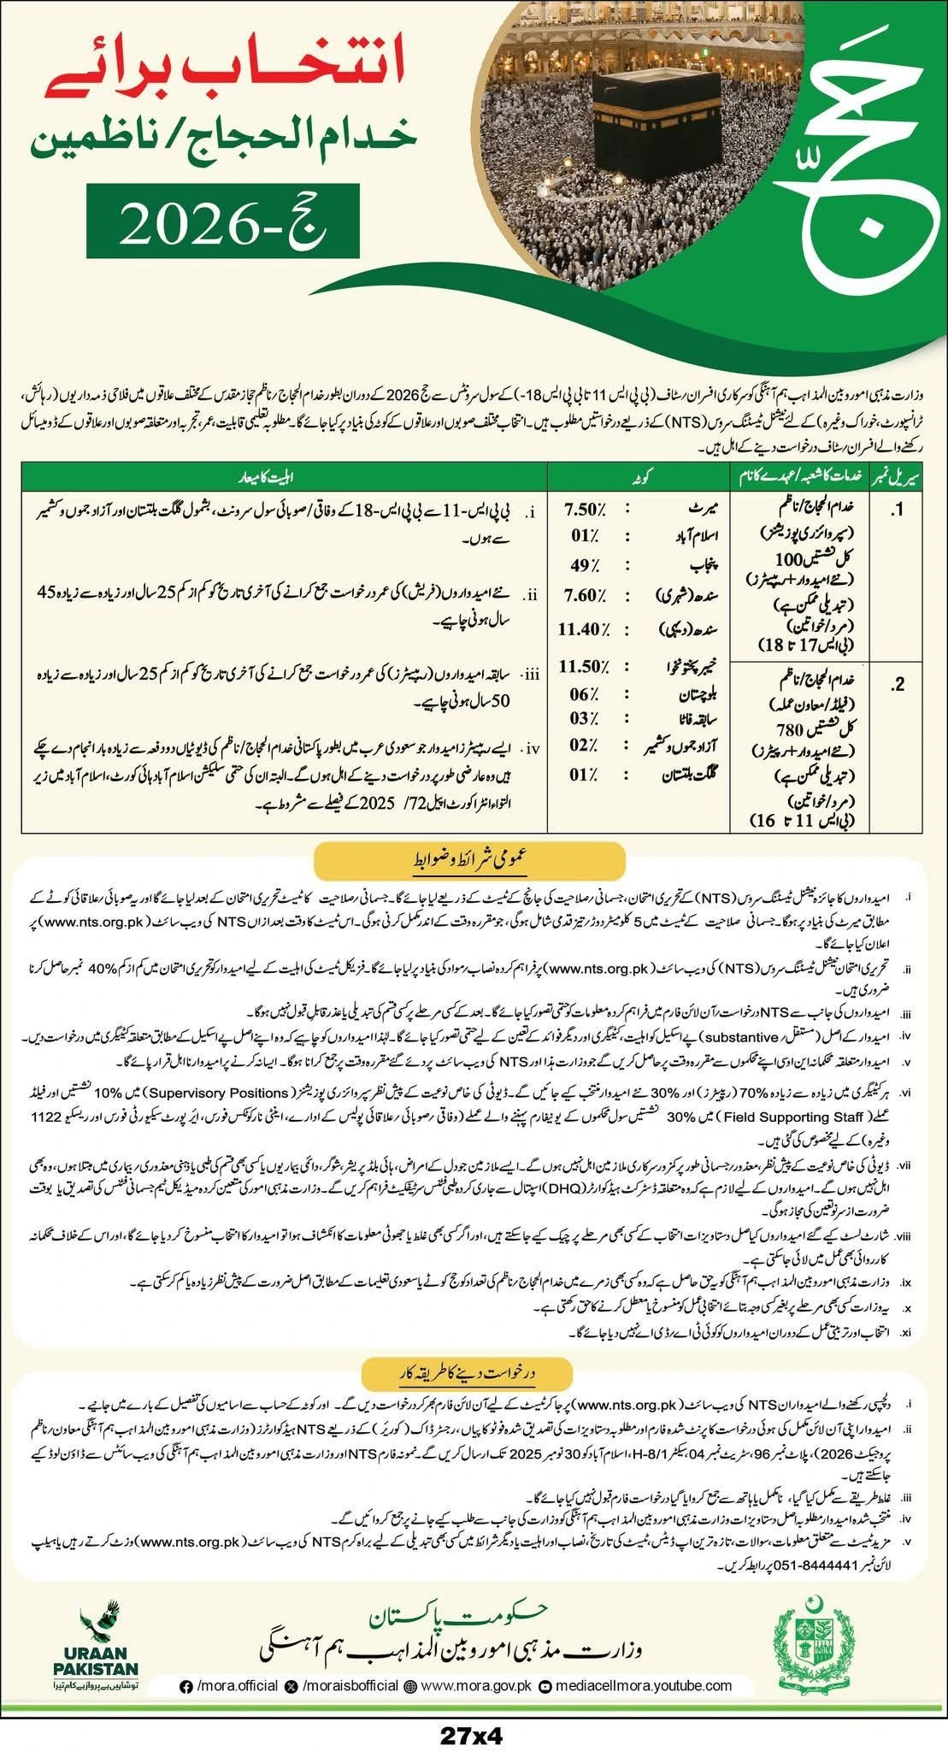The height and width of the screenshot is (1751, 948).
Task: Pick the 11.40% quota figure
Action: tap(586, 630)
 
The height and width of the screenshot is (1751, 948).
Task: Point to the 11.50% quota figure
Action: tap(586, 666)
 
